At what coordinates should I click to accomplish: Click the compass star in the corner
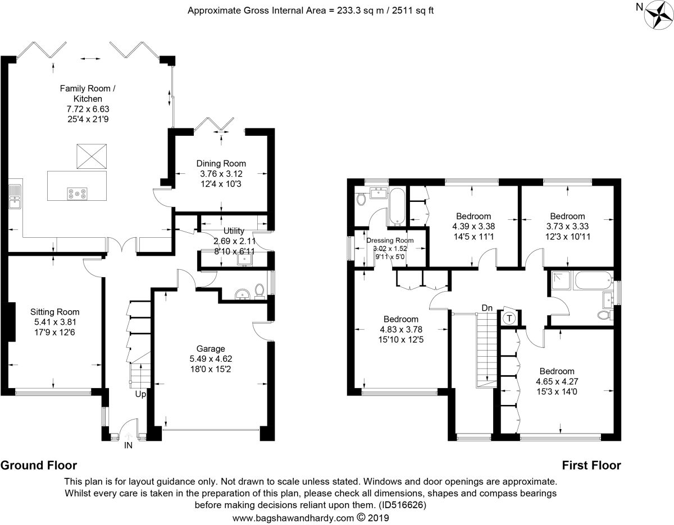pos(658,15)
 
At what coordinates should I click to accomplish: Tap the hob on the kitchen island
pos(78,194)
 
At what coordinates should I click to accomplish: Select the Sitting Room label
pos(54,312)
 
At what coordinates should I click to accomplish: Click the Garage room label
pos(211,348)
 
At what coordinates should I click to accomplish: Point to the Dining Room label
pos(221,163)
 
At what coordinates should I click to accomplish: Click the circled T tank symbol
pos(509,319)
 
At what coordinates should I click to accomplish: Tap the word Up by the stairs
pos(140,394)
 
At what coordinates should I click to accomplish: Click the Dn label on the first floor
pos(487,308)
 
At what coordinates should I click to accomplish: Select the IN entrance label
pos(128,445)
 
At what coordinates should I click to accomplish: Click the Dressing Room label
pos(390,241)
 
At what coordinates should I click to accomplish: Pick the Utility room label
pos(234,231)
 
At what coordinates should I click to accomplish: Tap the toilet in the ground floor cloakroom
pos(259,291)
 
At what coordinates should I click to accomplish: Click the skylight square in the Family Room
pos(92,156)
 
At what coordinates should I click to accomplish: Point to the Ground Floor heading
pos(39,466)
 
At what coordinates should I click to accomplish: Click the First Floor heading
pos(591,466)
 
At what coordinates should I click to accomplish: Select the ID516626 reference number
pos(403,505)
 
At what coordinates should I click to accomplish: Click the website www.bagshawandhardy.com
pos(293,518)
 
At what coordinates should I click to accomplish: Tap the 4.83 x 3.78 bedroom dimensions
pos(400,330)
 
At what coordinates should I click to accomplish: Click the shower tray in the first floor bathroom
pos(562,280)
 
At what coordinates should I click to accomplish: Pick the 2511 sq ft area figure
pos(412,11)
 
